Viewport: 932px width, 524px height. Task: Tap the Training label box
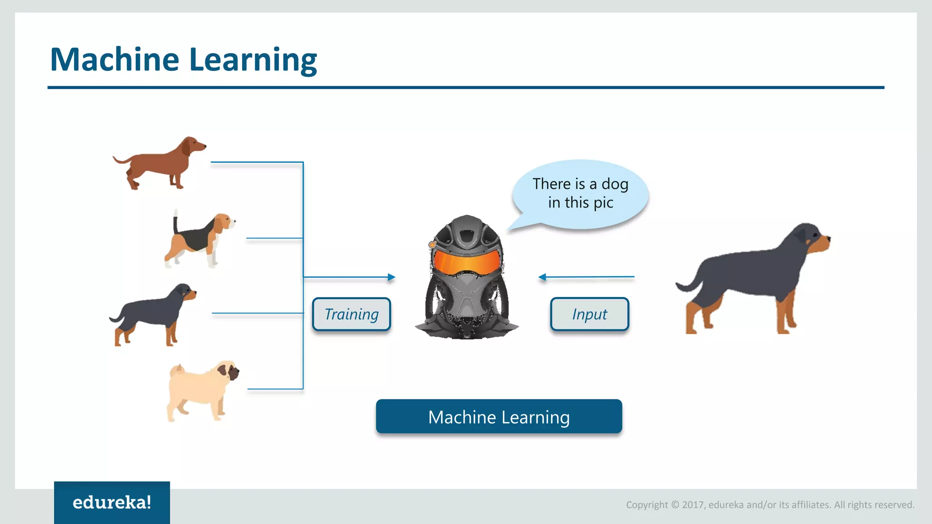[351, 314]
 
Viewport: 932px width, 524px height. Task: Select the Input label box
[589, 314]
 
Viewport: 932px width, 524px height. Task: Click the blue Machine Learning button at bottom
[499, 417]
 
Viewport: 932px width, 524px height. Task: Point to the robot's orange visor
[466, 263]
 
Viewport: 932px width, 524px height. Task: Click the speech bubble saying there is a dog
[580, 193]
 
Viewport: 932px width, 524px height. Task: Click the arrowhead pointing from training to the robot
[391, 277]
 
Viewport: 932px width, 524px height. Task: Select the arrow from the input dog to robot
[587, 277]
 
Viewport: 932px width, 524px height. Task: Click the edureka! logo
[112, 502]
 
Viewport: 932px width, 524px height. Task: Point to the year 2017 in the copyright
[693, 505]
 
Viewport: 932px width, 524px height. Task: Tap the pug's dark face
[233, 372]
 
